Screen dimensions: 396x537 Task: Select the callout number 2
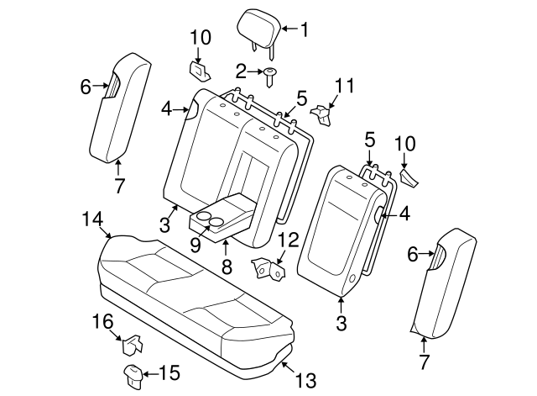[241, 71]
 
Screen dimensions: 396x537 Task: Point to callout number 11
[344, 86]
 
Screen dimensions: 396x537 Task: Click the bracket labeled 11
[323, 113]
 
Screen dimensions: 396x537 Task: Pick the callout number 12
[287, 240]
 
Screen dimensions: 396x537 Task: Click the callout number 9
[195, 246]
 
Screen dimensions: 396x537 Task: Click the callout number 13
[306, 382]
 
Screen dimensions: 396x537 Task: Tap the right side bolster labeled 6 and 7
[445, 277]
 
